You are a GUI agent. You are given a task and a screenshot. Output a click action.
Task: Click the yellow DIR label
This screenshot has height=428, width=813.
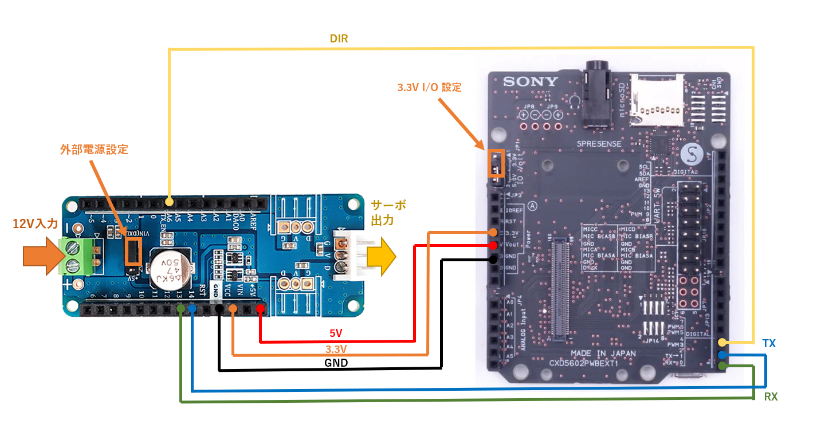pos(339,39)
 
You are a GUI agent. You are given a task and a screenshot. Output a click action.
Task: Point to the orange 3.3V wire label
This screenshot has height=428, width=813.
pos(336,348)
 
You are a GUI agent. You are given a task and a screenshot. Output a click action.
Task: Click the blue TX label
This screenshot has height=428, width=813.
pos(768,343)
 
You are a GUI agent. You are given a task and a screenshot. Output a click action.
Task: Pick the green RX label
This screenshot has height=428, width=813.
pos(771,396)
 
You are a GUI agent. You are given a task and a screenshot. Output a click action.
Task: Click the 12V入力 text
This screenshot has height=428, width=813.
pos(36,223)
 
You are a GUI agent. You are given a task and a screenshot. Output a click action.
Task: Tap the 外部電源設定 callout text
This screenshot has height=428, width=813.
pos(94,150)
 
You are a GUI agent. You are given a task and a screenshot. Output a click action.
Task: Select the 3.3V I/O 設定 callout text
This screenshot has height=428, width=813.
pos(429,88)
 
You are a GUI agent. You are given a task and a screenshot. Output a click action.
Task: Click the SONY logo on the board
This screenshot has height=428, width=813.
pos(531,81)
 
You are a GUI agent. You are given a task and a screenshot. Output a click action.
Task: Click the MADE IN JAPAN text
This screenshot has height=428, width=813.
pos(602,354)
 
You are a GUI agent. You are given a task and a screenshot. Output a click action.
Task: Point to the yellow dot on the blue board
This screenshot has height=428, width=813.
pos(169,202)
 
